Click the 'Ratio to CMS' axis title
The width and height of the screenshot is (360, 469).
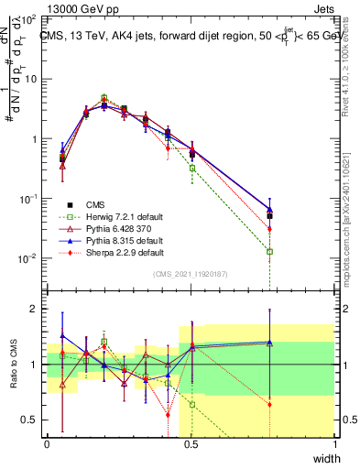tap(12, 365)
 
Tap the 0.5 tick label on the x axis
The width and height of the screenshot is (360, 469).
tap(191, 444)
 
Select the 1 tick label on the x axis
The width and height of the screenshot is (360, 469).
tap(334, 444)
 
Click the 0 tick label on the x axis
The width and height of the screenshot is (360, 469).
tap(48, 444)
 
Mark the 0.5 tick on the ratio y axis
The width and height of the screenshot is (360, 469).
tap(32, 420)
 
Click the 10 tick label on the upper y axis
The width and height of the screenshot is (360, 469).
tap(31, 79)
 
